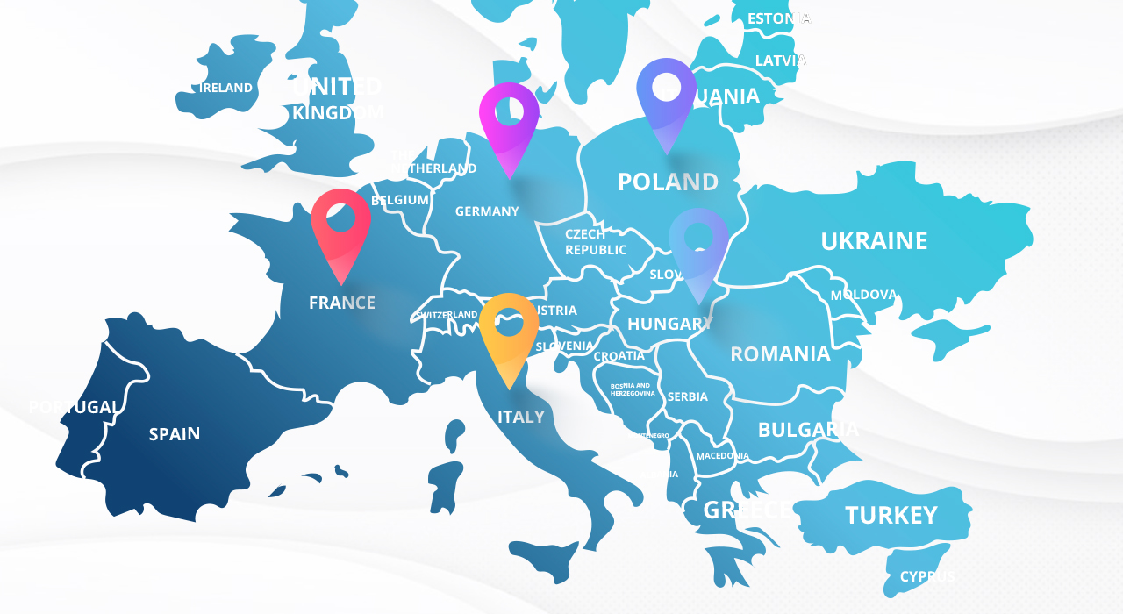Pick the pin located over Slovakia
point(698,243)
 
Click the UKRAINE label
point(874,240)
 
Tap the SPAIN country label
point(175,433)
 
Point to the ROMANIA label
point(780,353)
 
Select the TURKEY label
point(891,515)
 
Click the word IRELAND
point(225,88)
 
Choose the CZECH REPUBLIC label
point(596,242)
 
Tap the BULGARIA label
point(808,430)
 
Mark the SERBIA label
point(687,396)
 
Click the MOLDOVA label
point(863,295)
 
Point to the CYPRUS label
point(927,576)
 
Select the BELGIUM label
point(400,200)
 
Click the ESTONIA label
point(778,18)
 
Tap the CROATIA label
point(619,355)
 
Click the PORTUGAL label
point(74,407)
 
